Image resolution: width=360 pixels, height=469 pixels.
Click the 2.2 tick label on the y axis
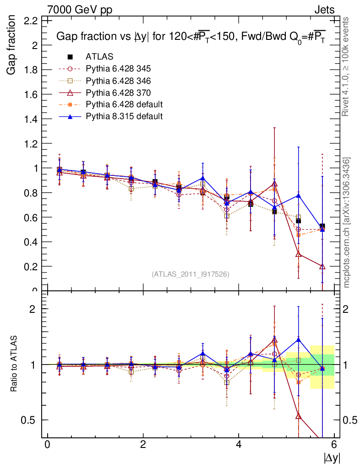(31, 21)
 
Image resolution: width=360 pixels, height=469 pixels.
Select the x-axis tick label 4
(239, 445)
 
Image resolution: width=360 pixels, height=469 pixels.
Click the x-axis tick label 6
(334, 445)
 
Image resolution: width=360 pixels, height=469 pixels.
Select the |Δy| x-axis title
(332, 458)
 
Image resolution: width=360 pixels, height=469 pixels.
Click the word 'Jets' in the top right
(324, 9)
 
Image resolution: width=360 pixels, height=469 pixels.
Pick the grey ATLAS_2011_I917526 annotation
(191, 274)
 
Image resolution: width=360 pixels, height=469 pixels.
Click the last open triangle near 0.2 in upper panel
(322, 266)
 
